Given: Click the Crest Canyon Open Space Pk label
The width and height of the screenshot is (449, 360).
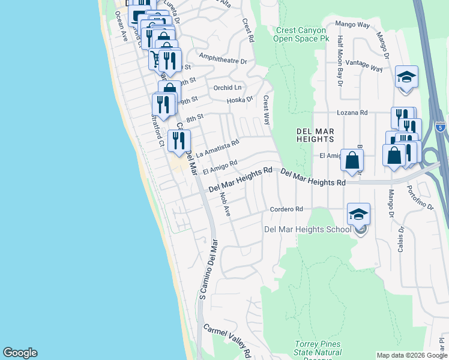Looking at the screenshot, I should point(302,34).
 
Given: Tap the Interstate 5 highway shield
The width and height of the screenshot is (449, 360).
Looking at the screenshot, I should point(441,127).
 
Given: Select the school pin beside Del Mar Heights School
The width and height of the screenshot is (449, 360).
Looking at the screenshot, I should point(358,215).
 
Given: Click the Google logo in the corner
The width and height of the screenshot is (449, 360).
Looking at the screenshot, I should point(20,353).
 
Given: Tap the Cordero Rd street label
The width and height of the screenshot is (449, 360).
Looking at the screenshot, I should point(286,209).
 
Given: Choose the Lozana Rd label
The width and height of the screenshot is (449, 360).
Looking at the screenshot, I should point(352,112).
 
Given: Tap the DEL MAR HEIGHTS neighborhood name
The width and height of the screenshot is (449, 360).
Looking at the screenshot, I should point(315,135).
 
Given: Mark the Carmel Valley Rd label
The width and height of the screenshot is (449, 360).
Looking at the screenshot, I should point(227,338).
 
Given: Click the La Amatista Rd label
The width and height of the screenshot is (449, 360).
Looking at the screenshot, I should point(217,148).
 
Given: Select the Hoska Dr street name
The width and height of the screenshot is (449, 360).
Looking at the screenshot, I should point(240,100).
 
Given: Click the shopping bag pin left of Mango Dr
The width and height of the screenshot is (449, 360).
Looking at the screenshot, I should point(352,160).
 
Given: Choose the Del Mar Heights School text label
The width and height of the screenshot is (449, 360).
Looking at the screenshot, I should point(307,229).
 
